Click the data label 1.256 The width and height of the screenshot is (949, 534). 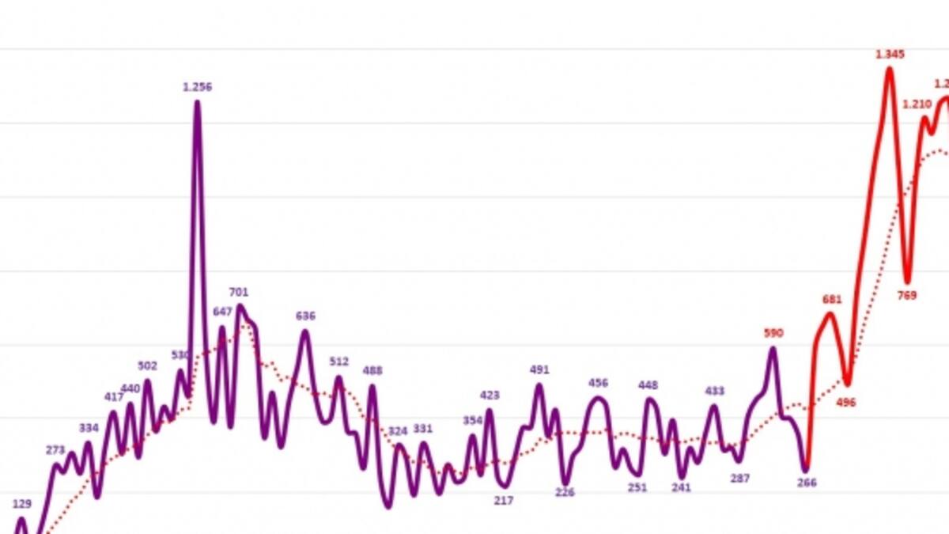point(197,87)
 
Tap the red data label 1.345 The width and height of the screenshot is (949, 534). point(890,55)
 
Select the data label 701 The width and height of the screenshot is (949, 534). point(238,293)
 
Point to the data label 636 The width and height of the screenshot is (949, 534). point(305,316)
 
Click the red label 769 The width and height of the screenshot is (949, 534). point(906,295)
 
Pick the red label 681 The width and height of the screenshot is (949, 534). point(832,300)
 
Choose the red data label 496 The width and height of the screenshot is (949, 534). point(846,402)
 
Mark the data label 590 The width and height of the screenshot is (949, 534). point(773,333)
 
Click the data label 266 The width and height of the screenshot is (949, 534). point(807,483)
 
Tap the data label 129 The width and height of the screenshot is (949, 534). point(22,503)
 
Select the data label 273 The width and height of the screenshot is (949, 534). point(55,450)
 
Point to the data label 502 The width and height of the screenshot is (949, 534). point(147,366)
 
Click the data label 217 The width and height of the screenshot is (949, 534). point(504,500)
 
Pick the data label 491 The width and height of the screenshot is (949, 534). point(539,369)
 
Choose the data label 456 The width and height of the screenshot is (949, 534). point(599,383)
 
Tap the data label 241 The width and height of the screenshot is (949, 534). point(681,487)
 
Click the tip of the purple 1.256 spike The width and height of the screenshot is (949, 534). point(197,102)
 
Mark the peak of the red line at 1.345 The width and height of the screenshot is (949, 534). point(890,69)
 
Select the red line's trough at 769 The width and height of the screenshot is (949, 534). point(908,282)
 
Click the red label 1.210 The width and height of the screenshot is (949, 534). point(917,104)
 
